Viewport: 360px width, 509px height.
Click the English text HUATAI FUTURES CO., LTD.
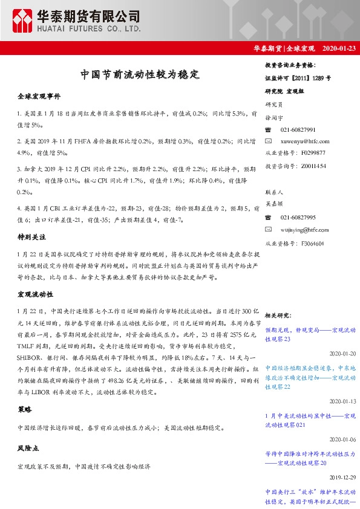pos(90,28)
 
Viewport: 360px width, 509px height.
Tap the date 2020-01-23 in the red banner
pos(339,48)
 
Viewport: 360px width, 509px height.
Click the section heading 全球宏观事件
pos(39,96)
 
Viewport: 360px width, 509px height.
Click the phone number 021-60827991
pos(298,130)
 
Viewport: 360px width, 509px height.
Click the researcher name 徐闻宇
pos(275,117)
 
